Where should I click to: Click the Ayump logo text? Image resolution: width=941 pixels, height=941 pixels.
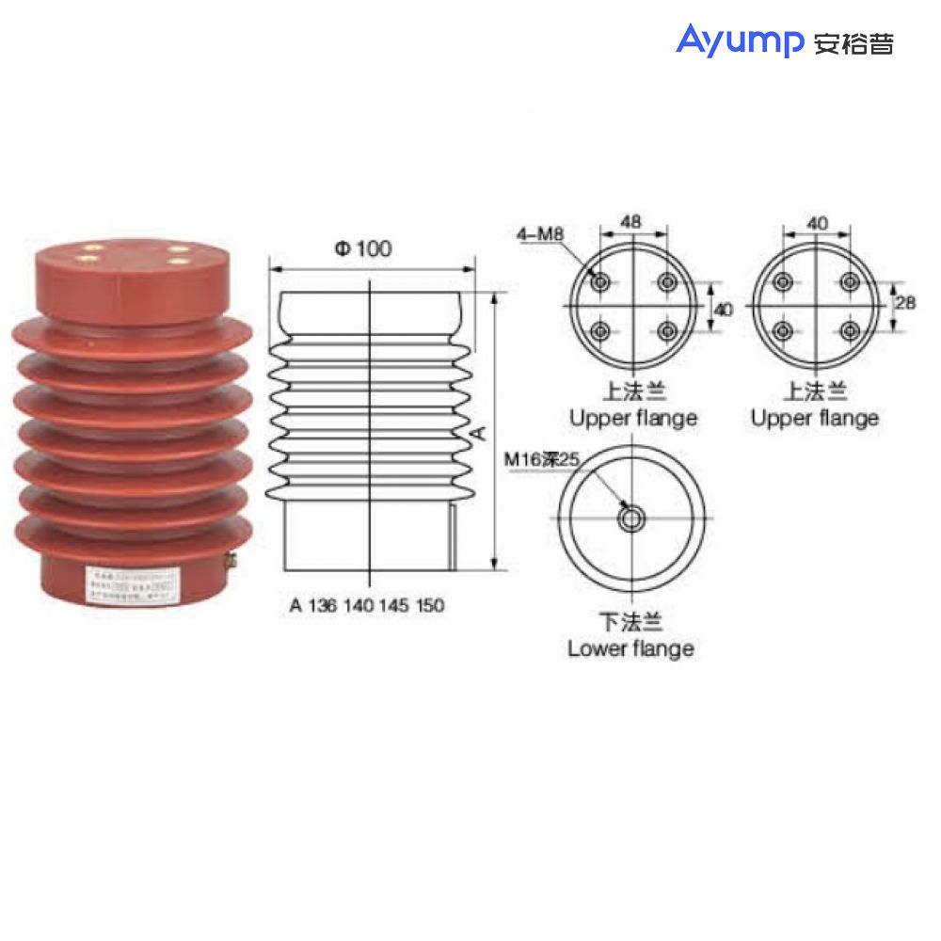[x=740, y=40]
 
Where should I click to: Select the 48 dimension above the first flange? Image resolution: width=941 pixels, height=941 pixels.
[x=632, y=222]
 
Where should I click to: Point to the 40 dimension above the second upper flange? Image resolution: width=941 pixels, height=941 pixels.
[x=817, y=222]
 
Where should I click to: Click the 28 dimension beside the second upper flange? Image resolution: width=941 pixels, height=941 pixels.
[x=905, y=303]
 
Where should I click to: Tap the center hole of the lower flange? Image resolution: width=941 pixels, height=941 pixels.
[x=631, y=518]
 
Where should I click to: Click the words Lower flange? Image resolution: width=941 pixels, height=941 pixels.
[x=630, y=648]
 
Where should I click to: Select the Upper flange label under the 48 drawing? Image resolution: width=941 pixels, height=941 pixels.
[x=632, y=418]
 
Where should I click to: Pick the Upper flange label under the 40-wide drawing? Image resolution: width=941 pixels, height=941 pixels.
[x=815, y=418]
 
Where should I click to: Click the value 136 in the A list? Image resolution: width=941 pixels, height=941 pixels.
[x=322, y=606]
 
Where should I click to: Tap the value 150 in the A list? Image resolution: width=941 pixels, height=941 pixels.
[x=430, y=606]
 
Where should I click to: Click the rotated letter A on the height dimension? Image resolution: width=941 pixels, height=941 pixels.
[x=478, y=432]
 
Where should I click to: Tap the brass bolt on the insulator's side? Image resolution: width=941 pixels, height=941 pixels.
[x=229, y=561]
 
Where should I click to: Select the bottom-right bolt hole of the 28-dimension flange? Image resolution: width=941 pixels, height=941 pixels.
[x=850, y=330]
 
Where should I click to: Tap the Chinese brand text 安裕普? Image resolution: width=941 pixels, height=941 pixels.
[x=853, y=43]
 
